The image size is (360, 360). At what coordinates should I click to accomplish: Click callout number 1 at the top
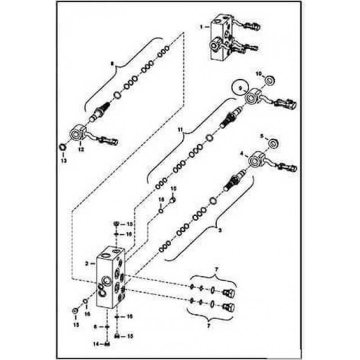coord(202,25)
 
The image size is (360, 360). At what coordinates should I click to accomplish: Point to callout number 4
coord(241,153)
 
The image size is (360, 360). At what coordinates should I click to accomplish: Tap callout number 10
coord(259,74)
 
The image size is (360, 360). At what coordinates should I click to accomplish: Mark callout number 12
coord(81,150)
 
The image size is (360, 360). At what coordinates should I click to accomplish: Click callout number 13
coord(63,161)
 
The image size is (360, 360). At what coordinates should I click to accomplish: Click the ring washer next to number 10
coord(270,81)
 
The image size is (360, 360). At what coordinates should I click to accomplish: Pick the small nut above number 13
coord(63,147)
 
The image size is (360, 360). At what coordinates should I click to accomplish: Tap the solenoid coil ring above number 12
coord(77,133)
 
